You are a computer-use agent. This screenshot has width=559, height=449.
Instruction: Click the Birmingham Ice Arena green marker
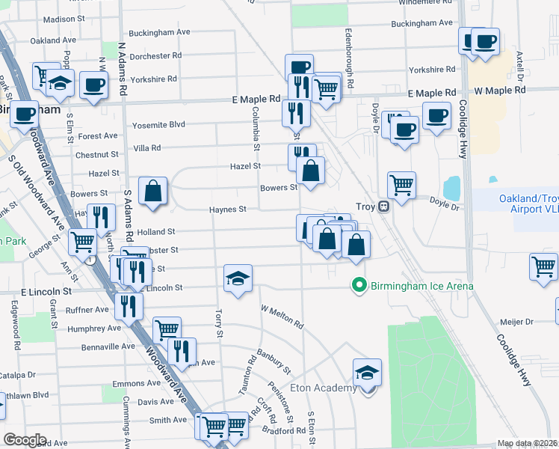pos(359,285)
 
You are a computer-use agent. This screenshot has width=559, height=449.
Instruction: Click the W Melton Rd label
pos(282,317)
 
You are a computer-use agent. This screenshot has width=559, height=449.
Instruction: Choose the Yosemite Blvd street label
pos(156,125)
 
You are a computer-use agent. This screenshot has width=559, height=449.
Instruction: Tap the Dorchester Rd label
pos(155,56)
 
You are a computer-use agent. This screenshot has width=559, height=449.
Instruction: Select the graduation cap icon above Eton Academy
pos(368,373)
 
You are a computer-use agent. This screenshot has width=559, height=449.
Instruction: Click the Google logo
pos(25,439)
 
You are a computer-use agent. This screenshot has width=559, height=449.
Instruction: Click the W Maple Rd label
pos(500,90)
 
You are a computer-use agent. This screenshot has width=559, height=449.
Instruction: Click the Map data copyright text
pos(527,443)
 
